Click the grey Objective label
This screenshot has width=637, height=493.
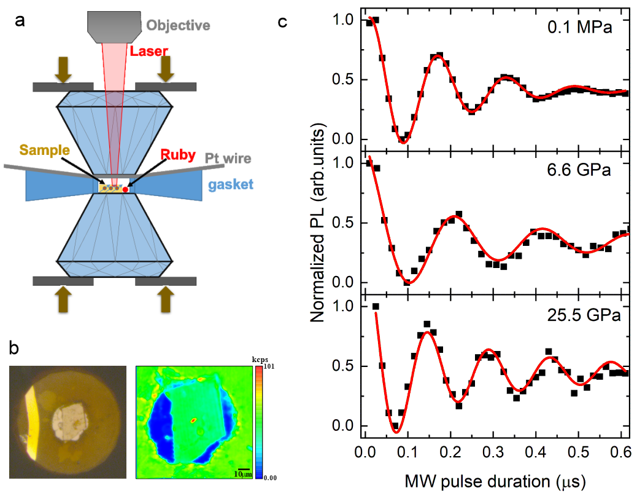coord(178,25)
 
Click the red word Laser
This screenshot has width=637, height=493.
coord(149,52)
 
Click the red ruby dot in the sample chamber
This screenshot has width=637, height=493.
coord(126,190)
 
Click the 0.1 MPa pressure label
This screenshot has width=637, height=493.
coord(580,27)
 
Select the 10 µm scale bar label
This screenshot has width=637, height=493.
coord(243,474)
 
